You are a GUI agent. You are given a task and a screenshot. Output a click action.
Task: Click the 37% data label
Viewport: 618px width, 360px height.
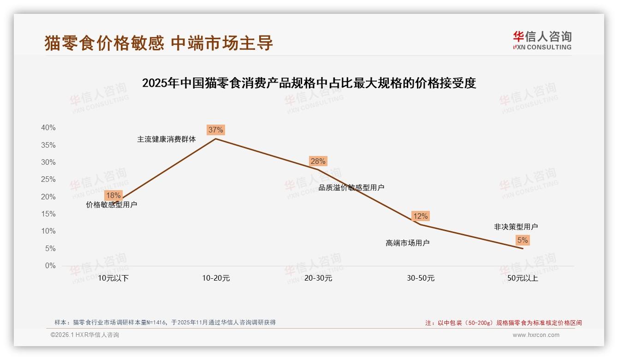pyautogui.click(x=215, y=130)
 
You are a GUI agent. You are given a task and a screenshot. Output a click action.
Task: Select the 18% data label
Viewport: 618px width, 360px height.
pyautogui.click(x=113, y=195)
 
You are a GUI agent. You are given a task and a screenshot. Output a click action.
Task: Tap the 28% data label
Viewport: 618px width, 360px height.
pyautogui.click(x=318, y=161)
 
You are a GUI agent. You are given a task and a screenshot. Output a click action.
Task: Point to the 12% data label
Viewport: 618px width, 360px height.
pyautogui.click(x=420, y=216)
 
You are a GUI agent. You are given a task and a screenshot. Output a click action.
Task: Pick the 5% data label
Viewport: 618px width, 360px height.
pyautogui.click(x=523, y=240)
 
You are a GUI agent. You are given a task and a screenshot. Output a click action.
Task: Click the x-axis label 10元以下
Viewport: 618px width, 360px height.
pyautogui.click(x=113, y=278)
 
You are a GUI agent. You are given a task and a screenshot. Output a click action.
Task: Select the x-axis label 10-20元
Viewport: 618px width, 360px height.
pyautogui.click(x=216, y=278)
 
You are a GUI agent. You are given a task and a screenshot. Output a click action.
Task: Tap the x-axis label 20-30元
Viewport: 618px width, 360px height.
pyautogui.click(x=318, y=278)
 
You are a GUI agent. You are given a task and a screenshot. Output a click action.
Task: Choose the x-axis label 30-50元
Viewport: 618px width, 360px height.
pyautogui.click(x=421, y=278)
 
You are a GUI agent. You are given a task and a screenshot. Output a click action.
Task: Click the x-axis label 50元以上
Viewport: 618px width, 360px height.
pyautogui.click(x=523, y=278)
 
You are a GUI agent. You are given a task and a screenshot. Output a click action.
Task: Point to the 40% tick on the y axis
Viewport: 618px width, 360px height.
pyautogui.click(x=48, y=128)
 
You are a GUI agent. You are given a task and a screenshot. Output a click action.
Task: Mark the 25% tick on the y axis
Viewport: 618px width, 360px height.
pyautogui.click(x=48, y=180)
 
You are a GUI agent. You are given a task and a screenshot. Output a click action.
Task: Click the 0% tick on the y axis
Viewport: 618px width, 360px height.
pyautogui.click(x=50, y=266)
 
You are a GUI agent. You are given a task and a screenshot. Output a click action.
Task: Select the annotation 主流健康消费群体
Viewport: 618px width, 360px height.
pyautogui.click(x=166, y=139)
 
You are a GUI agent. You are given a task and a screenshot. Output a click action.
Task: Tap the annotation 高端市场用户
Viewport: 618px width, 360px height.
pyautogui.click(x=408, y=243)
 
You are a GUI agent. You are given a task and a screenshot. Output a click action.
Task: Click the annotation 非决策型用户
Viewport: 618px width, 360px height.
pyautogui.click(x=516, y=227)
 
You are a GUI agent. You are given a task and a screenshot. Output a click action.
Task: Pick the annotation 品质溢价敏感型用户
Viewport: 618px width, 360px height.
pyautogui.click(x=351, y=187)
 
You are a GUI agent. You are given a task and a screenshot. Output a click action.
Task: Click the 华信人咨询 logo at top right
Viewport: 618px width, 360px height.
pyautogui.click(x=542, y=40)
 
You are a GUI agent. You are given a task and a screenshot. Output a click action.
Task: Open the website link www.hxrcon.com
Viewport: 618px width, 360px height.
pyautogui.click(x=536, y=335)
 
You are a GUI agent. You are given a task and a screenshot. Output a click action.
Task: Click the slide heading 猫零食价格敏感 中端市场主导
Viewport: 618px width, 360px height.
pyautogui.click(x=159, y=43)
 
